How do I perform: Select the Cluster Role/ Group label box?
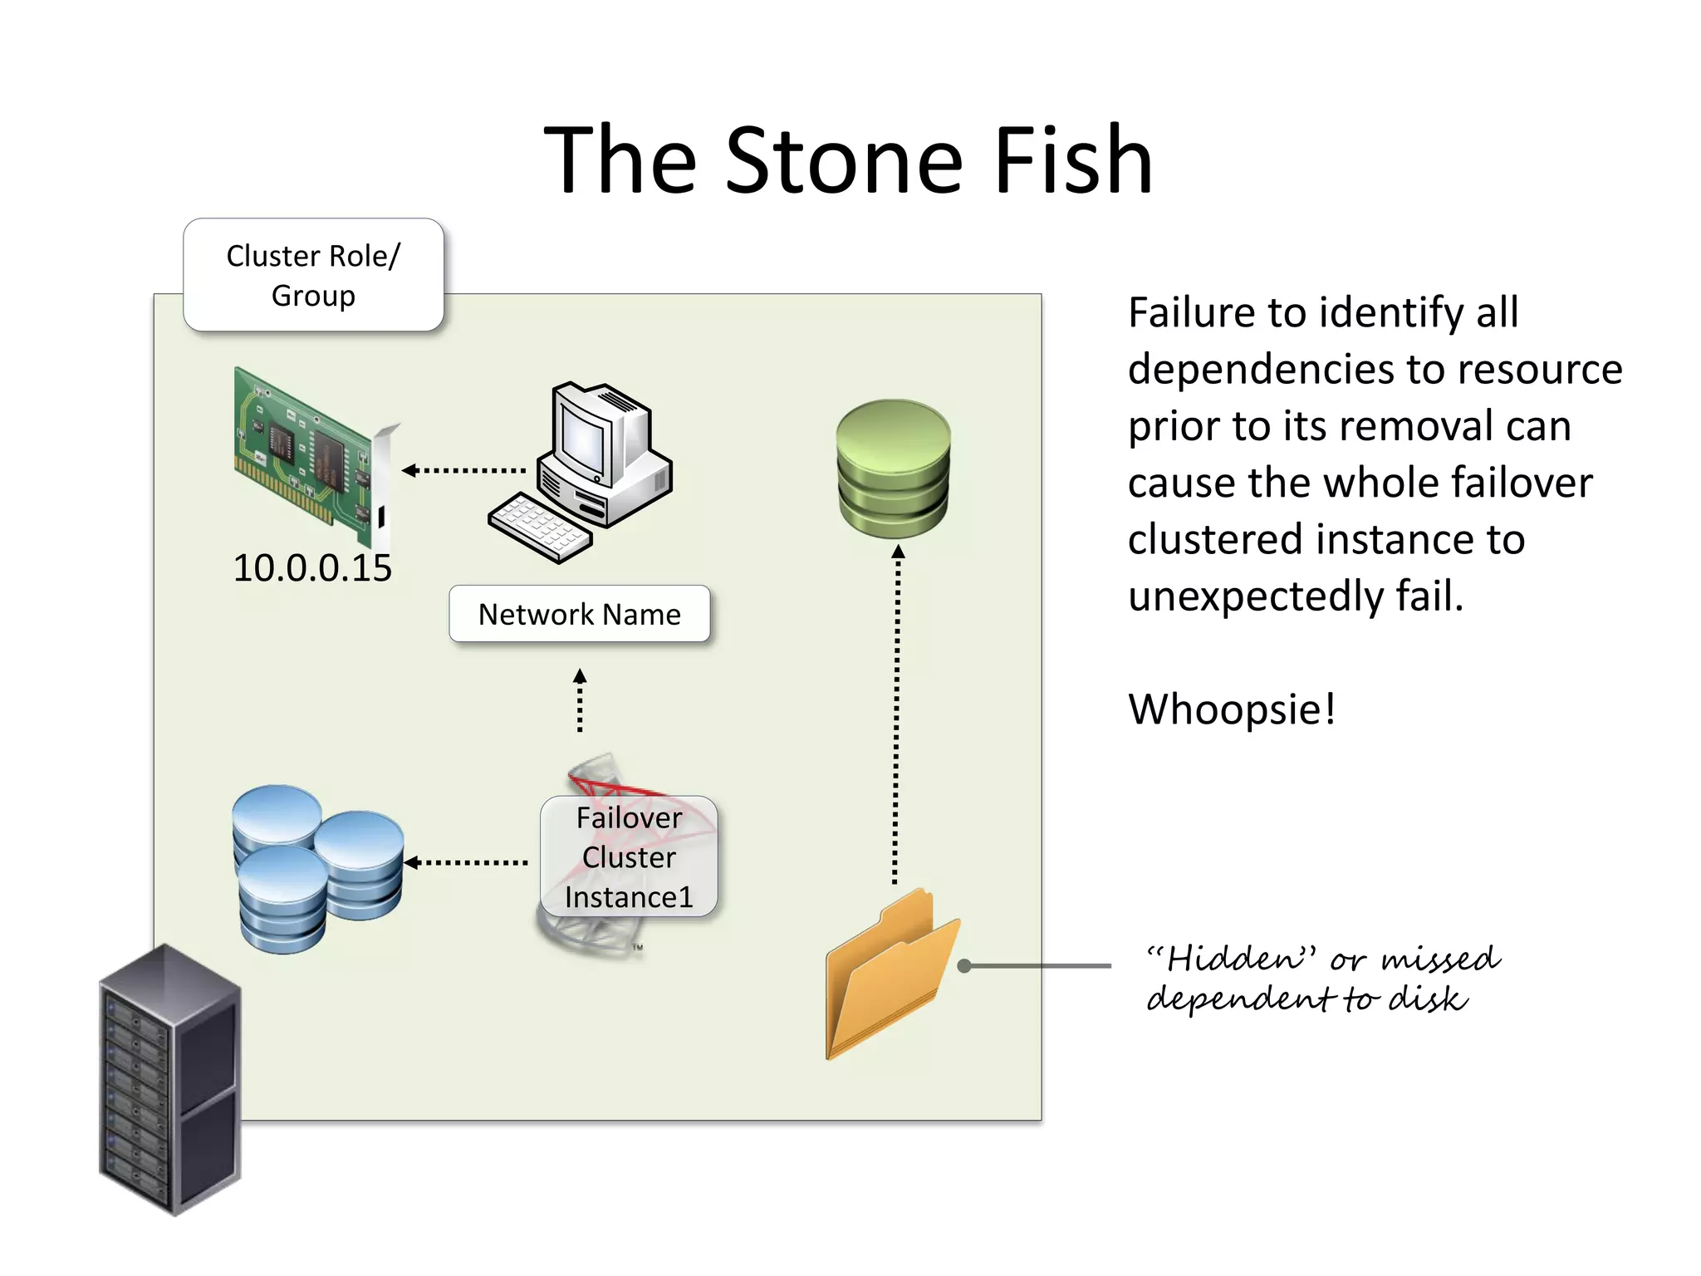click(x=313, y=275)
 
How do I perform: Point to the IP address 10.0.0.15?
click(x=311, y=568)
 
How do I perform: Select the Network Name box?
click(x=579, y=614)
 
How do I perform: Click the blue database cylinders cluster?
click(x=316, y=868)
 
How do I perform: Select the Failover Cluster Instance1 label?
click(x=629, y=857)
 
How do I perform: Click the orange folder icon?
click(x=889, y=976)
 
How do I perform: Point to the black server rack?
click(x=170, y=1080)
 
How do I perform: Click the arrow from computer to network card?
click(x=465, y=470)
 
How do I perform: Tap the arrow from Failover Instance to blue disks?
click(x=467, y=862)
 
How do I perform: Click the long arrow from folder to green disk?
click(x=896, y=714)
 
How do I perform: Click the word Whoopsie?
click(x=1232, y=709)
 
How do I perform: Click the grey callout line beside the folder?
click(x=1038, y=965)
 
